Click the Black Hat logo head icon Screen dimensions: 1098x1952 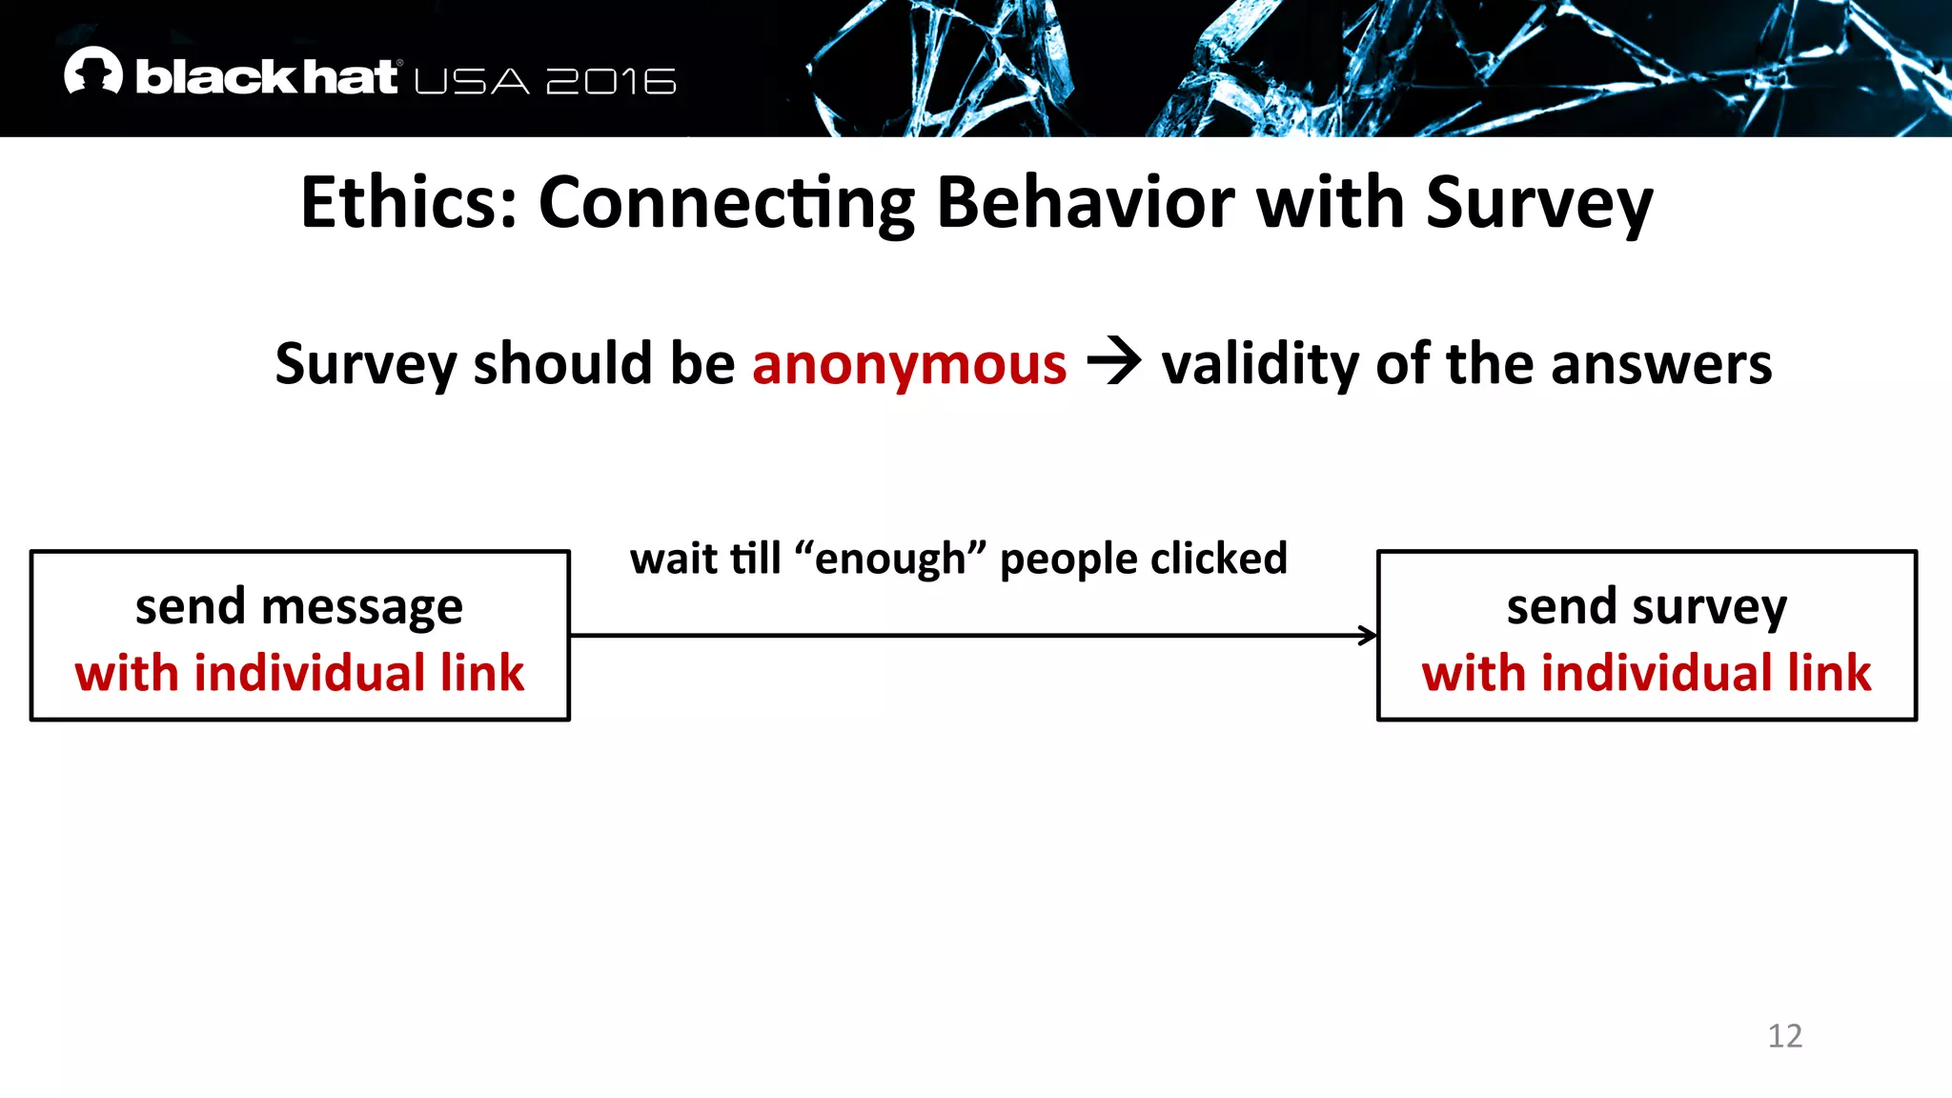coord(93,71)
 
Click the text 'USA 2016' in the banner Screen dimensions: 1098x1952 coord(545,82)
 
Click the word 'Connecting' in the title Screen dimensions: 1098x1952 coord(726,204)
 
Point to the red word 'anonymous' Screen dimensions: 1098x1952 coord(909,364)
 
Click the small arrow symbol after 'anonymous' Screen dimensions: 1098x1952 coord(1113,362)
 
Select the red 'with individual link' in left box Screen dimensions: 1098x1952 coord(299,673)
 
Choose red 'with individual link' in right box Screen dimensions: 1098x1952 coord(1646,673)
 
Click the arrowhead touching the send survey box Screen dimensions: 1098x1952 coord(1369,636)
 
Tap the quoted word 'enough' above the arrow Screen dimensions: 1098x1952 coord(890,559)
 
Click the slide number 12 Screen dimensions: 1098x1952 coord(1784,1036)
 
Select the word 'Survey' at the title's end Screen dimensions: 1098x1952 coord(1539,204)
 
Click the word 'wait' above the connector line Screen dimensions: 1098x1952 coord(674,559)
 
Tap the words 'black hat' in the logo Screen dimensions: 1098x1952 coord(266,77)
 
